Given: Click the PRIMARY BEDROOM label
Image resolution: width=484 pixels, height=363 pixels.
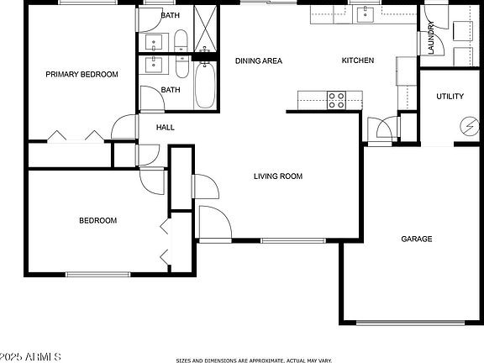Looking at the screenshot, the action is pos(82,75).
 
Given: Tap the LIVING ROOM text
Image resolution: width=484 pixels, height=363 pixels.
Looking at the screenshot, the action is pos(278,176).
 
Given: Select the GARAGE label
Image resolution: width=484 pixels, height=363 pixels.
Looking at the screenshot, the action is pos(417,239).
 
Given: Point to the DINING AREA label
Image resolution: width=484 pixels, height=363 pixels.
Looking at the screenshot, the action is pos(259,60).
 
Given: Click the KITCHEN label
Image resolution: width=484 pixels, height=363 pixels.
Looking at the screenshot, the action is pos(358,60).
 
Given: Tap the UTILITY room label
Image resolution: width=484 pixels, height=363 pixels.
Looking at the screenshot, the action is pos(450,97).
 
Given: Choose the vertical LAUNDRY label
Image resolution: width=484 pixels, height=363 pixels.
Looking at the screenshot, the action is pos(431,38).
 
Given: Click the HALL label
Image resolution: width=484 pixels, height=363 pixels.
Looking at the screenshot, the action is pos(166,127).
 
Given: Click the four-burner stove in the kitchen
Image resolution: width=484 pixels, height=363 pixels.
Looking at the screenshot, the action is pos(336,100).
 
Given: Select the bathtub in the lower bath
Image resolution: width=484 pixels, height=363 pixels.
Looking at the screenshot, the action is pos(205,85).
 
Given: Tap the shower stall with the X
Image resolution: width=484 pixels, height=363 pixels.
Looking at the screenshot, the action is pos(205,29).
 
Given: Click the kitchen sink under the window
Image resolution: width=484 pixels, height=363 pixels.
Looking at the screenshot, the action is pos(366,14).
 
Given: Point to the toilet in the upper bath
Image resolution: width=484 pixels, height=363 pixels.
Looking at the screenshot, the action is pos(181,40).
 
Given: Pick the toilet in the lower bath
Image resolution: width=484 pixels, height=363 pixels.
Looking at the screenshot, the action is pos(181,66).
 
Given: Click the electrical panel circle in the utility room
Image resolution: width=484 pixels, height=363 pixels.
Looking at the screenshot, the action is pos(470,126).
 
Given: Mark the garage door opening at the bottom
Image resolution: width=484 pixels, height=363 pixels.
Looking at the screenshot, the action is pos(411,323).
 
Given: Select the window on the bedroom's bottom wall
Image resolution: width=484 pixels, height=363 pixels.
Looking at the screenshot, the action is pos(98,275).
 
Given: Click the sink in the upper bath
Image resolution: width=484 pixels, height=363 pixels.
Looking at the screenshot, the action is pos(154,42).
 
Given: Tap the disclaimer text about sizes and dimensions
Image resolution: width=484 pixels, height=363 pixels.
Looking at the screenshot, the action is pos(254,360).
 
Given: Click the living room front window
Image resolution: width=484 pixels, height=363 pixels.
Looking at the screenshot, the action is pos(293,241).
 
